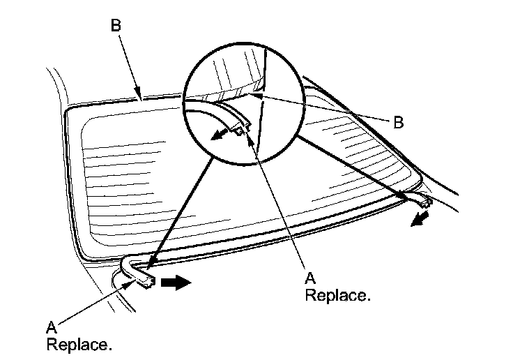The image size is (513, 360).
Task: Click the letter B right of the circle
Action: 398,123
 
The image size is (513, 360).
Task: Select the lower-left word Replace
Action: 79,344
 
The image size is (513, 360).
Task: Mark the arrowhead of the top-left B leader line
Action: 141,96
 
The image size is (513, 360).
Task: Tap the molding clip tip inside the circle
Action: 243,126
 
